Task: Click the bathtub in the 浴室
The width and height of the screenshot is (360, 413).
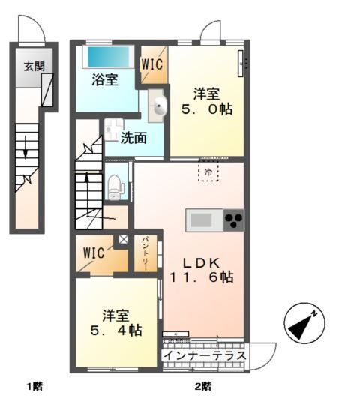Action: [108, 58]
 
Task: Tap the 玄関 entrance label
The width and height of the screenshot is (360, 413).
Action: [34, 67]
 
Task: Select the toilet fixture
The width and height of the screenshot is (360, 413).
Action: [115, 187]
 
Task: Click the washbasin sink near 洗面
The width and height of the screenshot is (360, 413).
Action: [160, 106]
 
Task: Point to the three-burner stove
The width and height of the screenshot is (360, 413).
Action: [234, 220]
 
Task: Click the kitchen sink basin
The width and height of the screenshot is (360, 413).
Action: [201, 220]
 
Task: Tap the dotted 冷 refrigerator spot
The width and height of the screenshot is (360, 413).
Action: [208, 172]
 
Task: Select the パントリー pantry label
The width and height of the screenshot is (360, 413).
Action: [145, 254]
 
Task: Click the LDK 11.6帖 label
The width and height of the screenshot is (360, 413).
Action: [201, 270]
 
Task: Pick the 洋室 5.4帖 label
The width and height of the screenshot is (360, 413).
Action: [116, 323]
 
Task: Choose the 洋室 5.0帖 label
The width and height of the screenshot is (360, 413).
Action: [206, 102]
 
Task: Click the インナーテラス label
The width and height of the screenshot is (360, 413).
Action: [205, 356]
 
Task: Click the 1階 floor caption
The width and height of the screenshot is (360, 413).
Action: [35, 387]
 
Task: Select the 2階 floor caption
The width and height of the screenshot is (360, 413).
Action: [203, 387]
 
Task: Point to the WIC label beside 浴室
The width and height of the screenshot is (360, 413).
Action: [152, 64]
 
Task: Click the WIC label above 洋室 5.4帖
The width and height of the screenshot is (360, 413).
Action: [94, 253]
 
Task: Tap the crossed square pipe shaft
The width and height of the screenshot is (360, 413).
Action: [123, 239]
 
